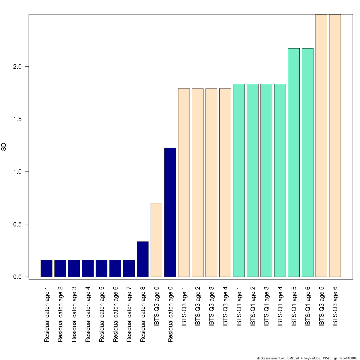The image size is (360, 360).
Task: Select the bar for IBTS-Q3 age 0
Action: tap(156, 240)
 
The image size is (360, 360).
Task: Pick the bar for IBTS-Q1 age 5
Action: tap(294, 162)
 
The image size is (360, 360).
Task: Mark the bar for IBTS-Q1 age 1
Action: tap(239, 180)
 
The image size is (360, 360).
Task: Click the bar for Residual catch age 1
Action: tap(46, 268)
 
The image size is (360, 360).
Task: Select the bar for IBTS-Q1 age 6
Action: tap(307, 162)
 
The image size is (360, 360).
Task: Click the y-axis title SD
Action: tap(4, 147)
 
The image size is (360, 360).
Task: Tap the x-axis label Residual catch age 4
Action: tap(88, 314)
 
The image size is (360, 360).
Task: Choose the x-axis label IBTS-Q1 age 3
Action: tap(266, 306)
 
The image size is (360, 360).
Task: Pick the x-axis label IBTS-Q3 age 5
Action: tap(322, 306)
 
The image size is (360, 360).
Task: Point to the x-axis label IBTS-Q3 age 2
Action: tap(198, 306)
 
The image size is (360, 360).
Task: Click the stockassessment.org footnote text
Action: tap(307, 358)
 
